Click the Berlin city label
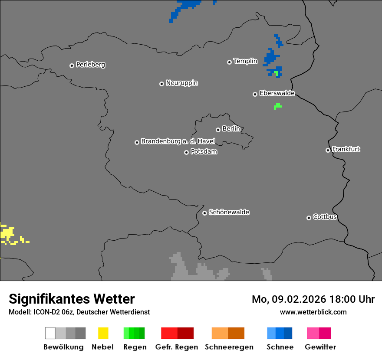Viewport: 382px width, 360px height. pyautogui.click(x=231, y=129)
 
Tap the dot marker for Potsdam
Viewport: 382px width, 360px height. pyautogui.click(x=186, y=152)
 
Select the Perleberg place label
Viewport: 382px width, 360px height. pyautogui.click(x=90, y=65)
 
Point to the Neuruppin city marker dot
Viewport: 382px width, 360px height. pyautogui.click(x=161, y=84)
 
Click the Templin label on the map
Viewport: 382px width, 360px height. pyautogui.click(x=245, y=61)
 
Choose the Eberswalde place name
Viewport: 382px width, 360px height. pyautogui.click(x=277, y=93)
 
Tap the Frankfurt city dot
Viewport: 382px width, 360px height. pyautogui.click(x=328, y=151)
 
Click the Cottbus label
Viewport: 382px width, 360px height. pyautogui.click(x=325, y=217)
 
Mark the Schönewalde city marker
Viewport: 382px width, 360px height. pyautogui.click(x=204, y=213)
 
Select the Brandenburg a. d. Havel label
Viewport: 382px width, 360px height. pyautogui.click(x=178, y=141)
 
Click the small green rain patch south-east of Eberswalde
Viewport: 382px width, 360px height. pyautogui.click(x=277, y=106)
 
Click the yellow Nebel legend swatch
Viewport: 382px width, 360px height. pyautogui.click(x=103, y=333)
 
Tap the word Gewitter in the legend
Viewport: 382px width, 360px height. pyautogui.click(x=320, y=347)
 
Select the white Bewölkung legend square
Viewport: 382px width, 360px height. pyautogui.click(x=50, y=333)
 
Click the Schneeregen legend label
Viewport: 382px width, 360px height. pyautogui.click(x=229, y=347)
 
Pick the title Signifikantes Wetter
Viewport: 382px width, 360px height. pyautogui.click(x=72, y=299)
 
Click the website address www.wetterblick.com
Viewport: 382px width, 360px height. pyautogui.click(x=313, y=312)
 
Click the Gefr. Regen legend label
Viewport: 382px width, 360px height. pyautogui.click(x=177, y=347)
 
